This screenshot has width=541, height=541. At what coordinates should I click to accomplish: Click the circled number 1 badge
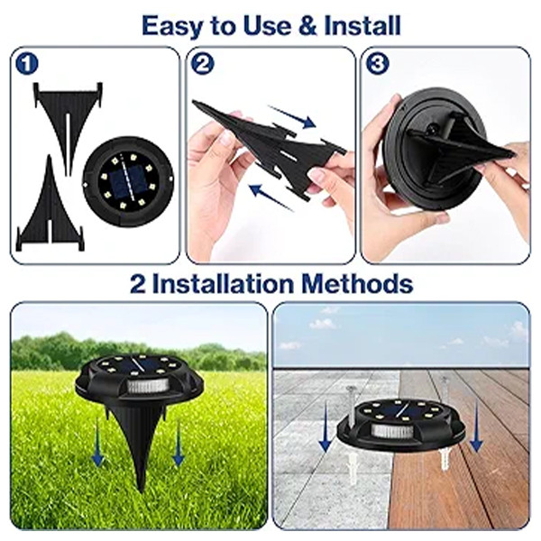[x=26, y=64]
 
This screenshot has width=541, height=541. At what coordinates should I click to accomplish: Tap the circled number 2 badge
[x=203, y=63]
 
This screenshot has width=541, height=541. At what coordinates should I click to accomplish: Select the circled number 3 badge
[x=377, y=63]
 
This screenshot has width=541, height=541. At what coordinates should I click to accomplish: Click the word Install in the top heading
[x=362, y=26]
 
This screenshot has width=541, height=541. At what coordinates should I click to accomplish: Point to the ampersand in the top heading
[x=307, y=26]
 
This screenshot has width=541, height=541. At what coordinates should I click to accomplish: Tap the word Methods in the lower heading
[x=357, y=284]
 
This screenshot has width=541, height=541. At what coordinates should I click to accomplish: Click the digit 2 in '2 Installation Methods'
[x=138, y=284]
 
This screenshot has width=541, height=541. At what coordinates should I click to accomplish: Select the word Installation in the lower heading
[x=224, y=284]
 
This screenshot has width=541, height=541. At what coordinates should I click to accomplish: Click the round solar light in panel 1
[x=128, y=181]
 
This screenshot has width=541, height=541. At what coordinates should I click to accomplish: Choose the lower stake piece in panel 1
[x=50, y=204]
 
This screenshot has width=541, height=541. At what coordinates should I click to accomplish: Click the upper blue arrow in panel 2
[x=292, y=116]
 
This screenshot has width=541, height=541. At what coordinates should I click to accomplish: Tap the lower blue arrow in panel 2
[x=271, y=197]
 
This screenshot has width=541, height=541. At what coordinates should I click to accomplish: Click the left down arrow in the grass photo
[x=97, y=443]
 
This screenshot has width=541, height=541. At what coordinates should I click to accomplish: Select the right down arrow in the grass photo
[x=178, y=443]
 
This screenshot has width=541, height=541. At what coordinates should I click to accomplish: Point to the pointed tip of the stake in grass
[x=140, y=490]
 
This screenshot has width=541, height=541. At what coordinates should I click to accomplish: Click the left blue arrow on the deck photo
[x=325, y=426]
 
